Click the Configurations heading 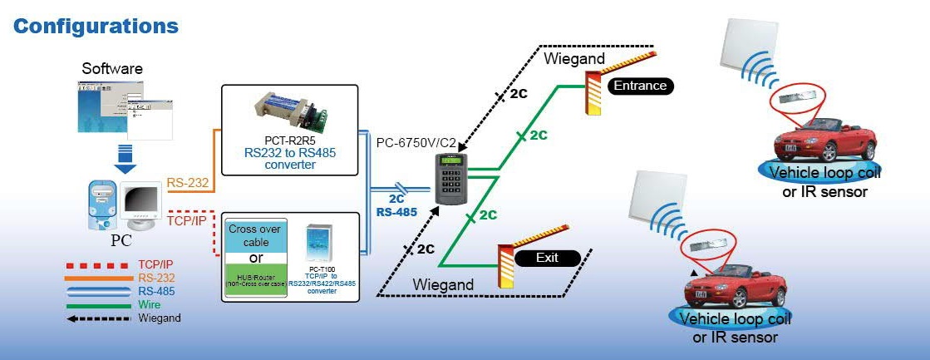tap(96, 26)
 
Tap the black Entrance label tap(639, 86)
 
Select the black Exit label tap(546, 258)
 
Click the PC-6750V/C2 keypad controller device tap(451, 180)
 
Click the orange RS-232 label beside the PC tap(188, 182)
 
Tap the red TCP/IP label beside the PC tap(187, 223)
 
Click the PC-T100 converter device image tap(320, 247)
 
